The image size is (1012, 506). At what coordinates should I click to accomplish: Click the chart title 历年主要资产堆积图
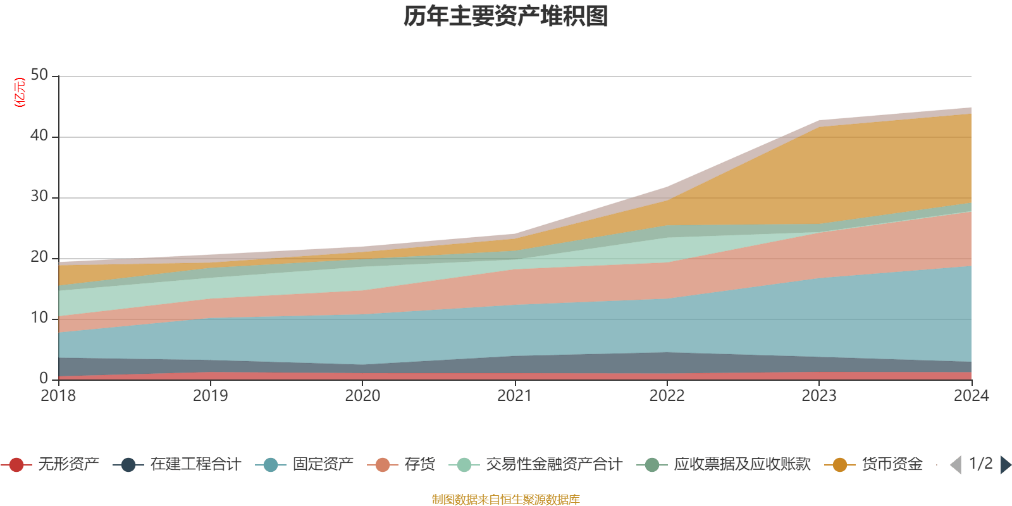coord(506,16)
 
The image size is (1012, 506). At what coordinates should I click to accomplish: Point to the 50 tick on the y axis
coord(39,75)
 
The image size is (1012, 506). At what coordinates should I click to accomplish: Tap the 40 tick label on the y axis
coord(39,136)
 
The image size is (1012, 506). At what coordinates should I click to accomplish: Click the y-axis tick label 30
coord(39,197)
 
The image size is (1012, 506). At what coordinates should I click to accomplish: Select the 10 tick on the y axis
coord(39,318)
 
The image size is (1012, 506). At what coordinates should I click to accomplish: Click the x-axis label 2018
coord(58,396)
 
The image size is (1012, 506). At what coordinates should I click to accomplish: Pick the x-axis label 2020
coord(362,396)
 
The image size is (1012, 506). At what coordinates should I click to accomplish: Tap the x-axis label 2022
coord(667,396)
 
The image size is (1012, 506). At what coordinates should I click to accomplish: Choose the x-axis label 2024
coord(971,396)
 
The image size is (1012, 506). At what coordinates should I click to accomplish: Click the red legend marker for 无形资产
coord(17,465)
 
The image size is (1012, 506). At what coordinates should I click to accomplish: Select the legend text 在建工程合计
coord(195,465)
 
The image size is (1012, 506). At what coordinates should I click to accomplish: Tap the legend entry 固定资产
coord(323,465)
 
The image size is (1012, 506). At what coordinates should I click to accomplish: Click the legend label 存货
coord(420,465)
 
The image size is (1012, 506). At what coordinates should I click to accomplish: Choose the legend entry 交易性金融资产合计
coord(554,465)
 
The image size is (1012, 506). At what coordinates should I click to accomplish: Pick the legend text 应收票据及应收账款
coord(742,465)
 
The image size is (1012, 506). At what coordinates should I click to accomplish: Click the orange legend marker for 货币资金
coord(840,465)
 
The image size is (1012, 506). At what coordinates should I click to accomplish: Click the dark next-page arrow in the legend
coord(1005,465)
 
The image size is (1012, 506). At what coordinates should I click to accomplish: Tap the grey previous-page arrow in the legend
coord(956,465)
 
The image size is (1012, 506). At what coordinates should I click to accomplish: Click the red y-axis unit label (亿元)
coord(20,92)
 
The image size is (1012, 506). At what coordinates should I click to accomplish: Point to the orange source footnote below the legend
coord(506,500)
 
